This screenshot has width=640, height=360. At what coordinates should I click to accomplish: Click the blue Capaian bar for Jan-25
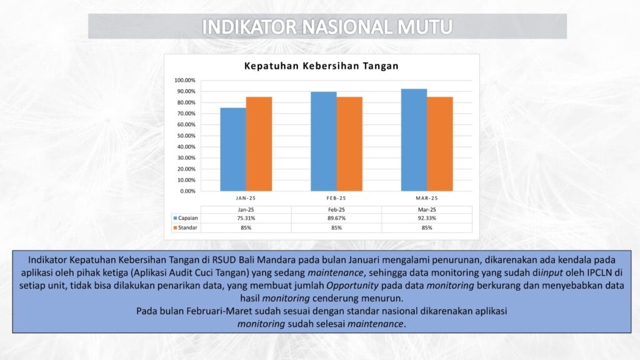point(233,149)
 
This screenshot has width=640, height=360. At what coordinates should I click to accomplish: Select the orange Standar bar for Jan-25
point(259,144)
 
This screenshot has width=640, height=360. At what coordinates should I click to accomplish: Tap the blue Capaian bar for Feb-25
point(324,142)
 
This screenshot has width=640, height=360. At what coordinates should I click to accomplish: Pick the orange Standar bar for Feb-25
point(349,144)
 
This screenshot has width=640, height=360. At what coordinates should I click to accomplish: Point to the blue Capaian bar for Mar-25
point(414,140)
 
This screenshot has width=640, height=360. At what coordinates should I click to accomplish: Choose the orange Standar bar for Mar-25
point(439,144)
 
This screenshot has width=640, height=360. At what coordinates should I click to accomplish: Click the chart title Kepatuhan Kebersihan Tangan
point(321,66)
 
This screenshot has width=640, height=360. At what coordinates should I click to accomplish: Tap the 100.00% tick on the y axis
point(185,81)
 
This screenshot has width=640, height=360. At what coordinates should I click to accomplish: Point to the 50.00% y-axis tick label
point(186,136)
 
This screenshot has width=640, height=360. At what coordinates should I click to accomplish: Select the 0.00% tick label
point(187,191)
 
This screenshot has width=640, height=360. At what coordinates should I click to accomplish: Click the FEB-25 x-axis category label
point(336,198)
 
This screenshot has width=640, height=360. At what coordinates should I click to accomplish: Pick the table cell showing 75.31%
point(246,218)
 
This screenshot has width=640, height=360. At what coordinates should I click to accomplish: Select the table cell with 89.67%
point(336,218)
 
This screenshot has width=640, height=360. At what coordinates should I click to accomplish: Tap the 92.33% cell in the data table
point(427,218)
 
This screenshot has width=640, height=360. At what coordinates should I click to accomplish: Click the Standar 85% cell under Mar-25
point(427,227)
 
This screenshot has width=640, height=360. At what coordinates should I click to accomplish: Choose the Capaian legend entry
point(186,218)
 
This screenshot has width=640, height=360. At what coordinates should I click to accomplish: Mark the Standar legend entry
point(185,227)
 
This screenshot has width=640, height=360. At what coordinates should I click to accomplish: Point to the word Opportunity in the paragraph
point(352,286)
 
